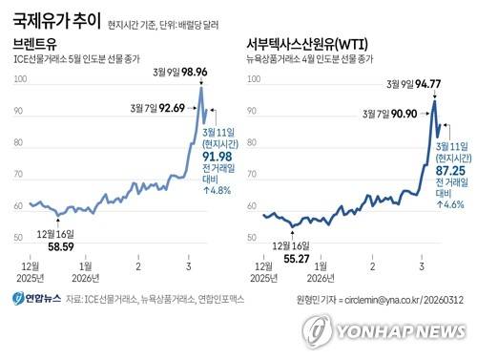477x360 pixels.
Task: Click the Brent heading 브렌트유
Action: click(x=36, y=45)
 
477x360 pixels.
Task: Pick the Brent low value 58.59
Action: click(x=61, y=246)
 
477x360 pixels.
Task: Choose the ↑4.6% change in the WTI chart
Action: click(x=452, y=203)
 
